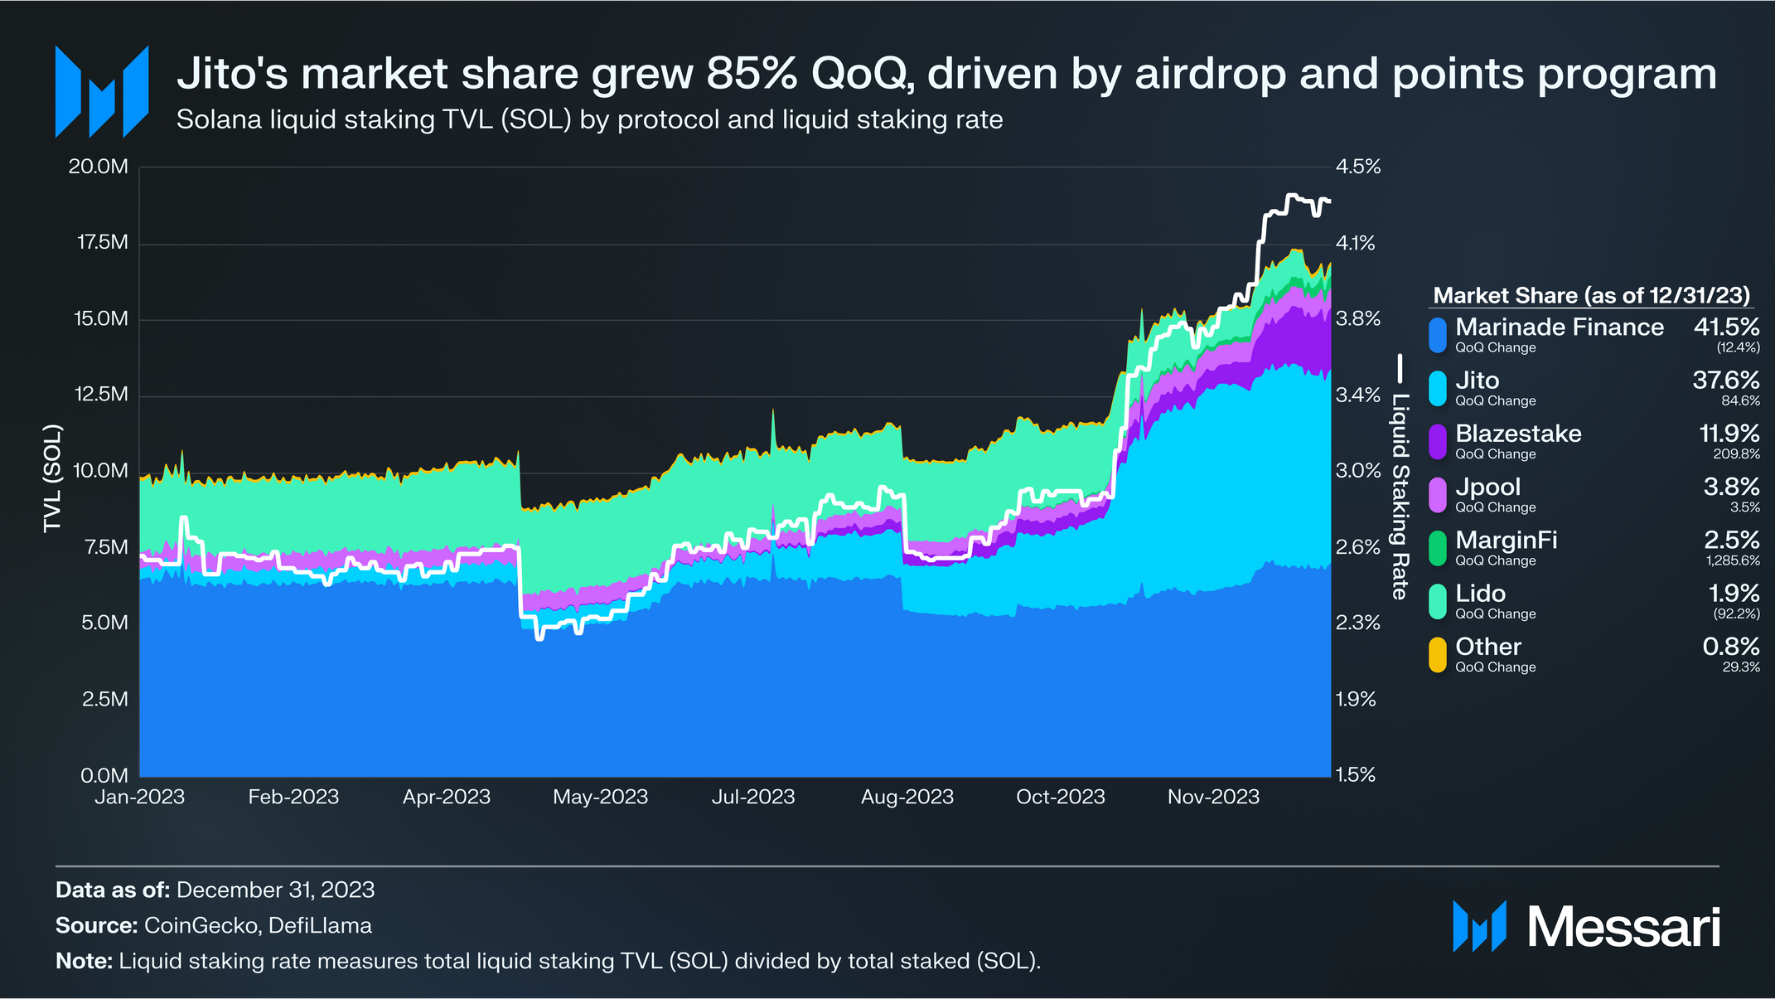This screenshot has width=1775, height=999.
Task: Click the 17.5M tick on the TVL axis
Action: pyautogui.click(x=103, y=242)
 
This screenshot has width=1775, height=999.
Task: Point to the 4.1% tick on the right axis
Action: pyautogui.click(x=1356, y=243)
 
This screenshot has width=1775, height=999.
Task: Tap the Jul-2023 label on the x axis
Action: pyautogui.click(x=752, y=797)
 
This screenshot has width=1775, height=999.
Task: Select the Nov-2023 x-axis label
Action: pyautogui.click(x=1213, y=797)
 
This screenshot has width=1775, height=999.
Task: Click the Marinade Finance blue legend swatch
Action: pyautogui.click(x=1438, y=335)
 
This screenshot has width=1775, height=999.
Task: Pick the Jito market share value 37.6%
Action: pyautogui.click(x=1725, y=380)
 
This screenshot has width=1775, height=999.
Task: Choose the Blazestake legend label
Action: pyautogui.click(x=1518, y=434)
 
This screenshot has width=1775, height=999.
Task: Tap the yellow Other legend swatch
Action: pyautogui.click(x=1438, y=654)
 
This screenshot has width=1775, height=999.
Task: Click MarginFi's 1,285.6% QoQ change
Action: pyautogui.click(x=1733, y=561)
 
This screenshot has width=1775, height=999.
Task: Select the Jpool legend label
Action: pyautogui.click(x=1487, y=487)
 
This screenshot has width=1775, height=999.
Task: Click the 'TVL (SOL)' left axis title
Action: pyautogui.click(x=52, y=478)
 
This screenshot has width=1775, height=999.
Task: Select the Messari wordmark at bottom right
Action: pyautogui.click(x=1623, y=927)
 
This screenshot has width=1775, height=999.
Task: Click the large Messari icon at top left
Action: pyautogui.click(x=102, y=91)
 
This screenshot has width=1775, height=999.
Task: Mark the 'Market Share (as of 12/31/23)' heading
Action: pyautogui.click(x=1591, y=296)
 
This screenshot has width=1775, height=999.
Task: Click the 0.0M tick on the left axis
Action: pyautogui.click(x=104, y=776)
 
